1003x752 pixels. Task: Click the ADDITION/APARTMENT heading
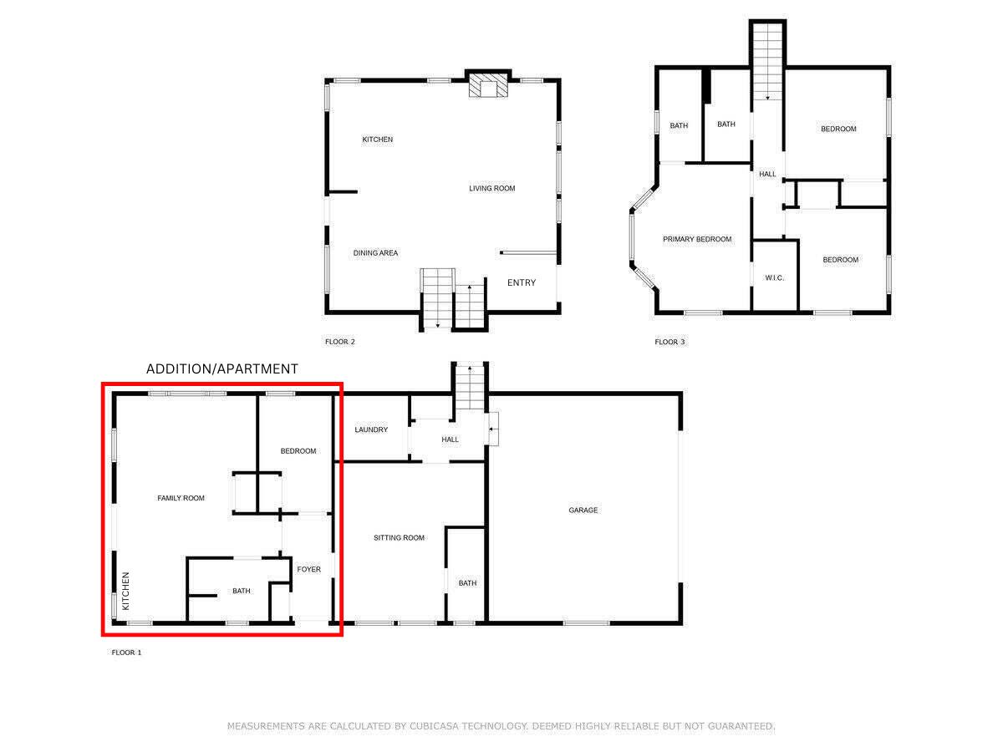tap(221, 368)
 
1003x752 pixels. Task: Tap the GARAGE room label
tap(583, 510)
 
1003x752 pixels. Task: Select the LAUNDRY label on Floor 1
tap(371, 429)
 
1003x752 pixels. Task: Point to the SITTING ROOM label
tap(399, 537)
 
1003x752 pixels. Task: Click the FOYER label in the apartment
tap(308, 569)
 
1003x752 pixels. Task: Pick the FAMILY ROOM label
tap(181, 498)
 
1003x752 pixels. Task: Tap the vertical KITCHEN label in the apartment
tap(126, 590)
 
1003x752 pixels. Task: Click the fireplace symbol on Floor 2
tap(486, 85)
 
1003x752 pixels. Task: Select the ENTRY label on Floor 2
tap(522, 282)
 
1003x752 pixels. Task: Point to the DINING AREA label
tap(375, 252)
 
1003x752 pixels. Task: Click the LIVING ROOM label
tap(491, 188)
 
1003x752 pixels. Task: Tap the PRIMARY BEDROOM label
tap(697, 239)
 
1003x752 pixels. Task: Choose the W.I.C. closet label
tap(775, 277)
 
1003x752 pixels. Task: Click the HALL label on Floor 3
tap(767, 174)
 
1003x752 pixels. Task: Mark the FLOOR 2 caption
tap(340, 341)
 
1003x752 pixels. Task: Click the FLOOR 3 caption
tap(670, 341)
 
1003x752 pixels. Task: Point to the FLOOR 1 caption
tap(126, 653)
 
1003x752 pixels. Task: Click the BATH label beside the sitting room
tap(467, 582)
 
